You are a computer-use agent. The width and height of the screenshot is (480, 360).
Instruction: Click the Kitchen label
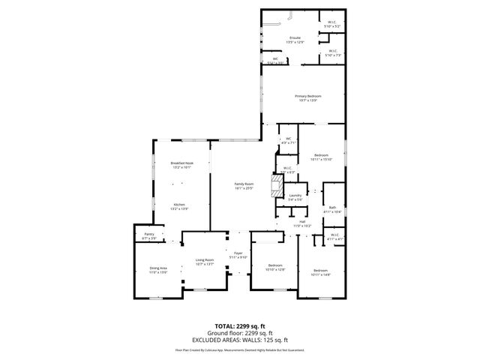[x=180, y=205]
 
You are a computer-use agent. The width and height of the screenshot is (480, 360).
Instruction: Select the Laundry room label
[x=295, y=196]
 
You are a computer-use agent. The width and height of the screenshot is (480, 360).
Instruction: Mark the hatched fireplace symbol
[x=277, y=184]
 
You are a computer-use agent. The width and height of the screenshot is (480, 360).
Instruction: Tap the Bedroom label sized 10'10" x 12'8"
[x=276, y=268]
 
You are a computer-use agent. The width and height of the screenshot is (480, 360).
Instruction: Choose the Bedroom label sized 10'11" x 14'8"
[x=320, y=272]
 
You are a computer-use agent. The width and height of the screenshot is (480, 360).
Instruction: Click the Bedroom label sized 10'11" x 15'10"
[x=320, y=157]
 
